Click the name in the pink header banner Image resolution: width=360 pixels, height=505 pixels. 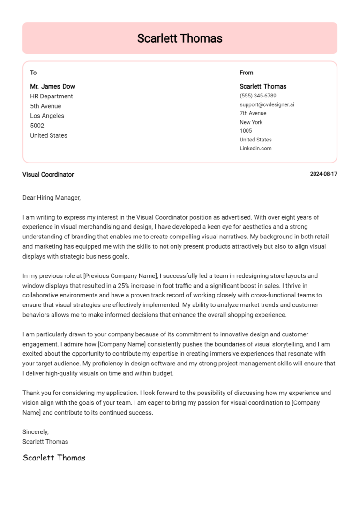180,38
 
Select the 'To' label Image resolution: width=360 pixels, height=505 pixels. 33,73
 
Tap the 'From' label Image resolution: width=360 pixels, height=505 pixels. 246,73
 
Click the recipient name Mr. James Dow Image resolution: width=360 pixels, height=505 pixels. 52,86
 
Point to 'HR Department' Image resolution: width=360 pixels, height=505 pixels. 52,96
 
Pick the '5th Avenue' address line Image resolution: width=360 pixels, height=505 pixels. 45,106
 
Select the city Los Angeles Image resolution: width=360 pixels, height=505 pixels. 47,116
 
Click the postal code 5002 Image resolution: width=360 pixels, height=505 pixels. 37,126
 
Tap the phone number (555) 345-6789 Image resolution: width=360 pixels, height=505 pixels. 258,96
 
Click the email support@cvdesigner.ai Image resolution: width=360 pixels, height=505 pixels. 267,104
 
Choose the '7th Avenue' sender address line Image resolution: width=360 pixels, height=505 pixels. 253,113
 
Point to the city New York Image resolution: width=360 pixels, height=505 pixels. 251,122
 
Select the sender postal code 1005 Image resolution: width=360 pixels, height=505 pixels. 246,131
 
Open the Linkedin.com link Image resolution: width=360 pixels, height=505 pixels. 255,149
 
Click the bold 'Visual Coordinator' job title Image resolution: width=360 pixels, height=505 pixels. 48,174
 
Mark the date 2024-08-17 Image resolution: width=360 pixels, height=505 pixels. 323,174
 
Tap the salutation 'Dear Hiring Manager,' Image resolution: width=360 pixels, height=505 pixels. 52,198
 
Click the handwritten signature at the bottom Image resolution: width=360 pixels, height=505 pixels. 54,458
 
